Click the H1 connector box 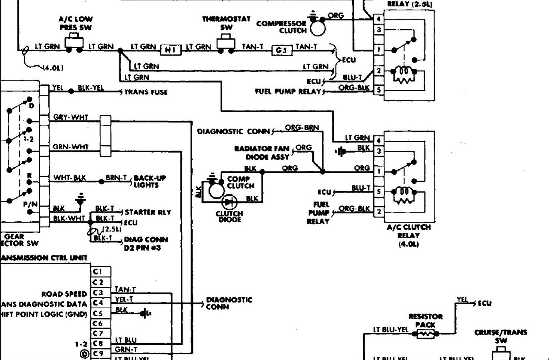170,50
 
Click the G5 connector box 281,50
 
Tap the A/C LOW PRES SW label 75,23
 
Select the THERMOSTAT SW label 226,23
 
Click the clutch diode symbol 229,202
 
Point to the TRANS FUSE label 146,92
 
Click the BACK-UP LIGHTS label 150,181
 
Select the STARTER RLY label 148,212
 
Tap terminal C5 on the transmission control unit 97,313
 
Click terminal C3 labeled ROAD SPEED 97,293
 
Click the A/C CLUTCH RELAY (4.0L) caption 409,235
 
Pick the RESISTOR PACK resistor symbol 425,333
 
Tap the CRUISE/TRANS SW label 501,336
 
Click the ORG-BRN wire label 302,128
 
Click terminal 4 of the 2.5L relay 378,19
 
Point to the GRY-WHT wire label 70,117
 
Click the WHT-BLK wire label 69,178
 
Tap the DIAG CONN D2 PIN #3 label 146,244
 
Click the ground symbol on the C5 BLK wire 145,314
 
